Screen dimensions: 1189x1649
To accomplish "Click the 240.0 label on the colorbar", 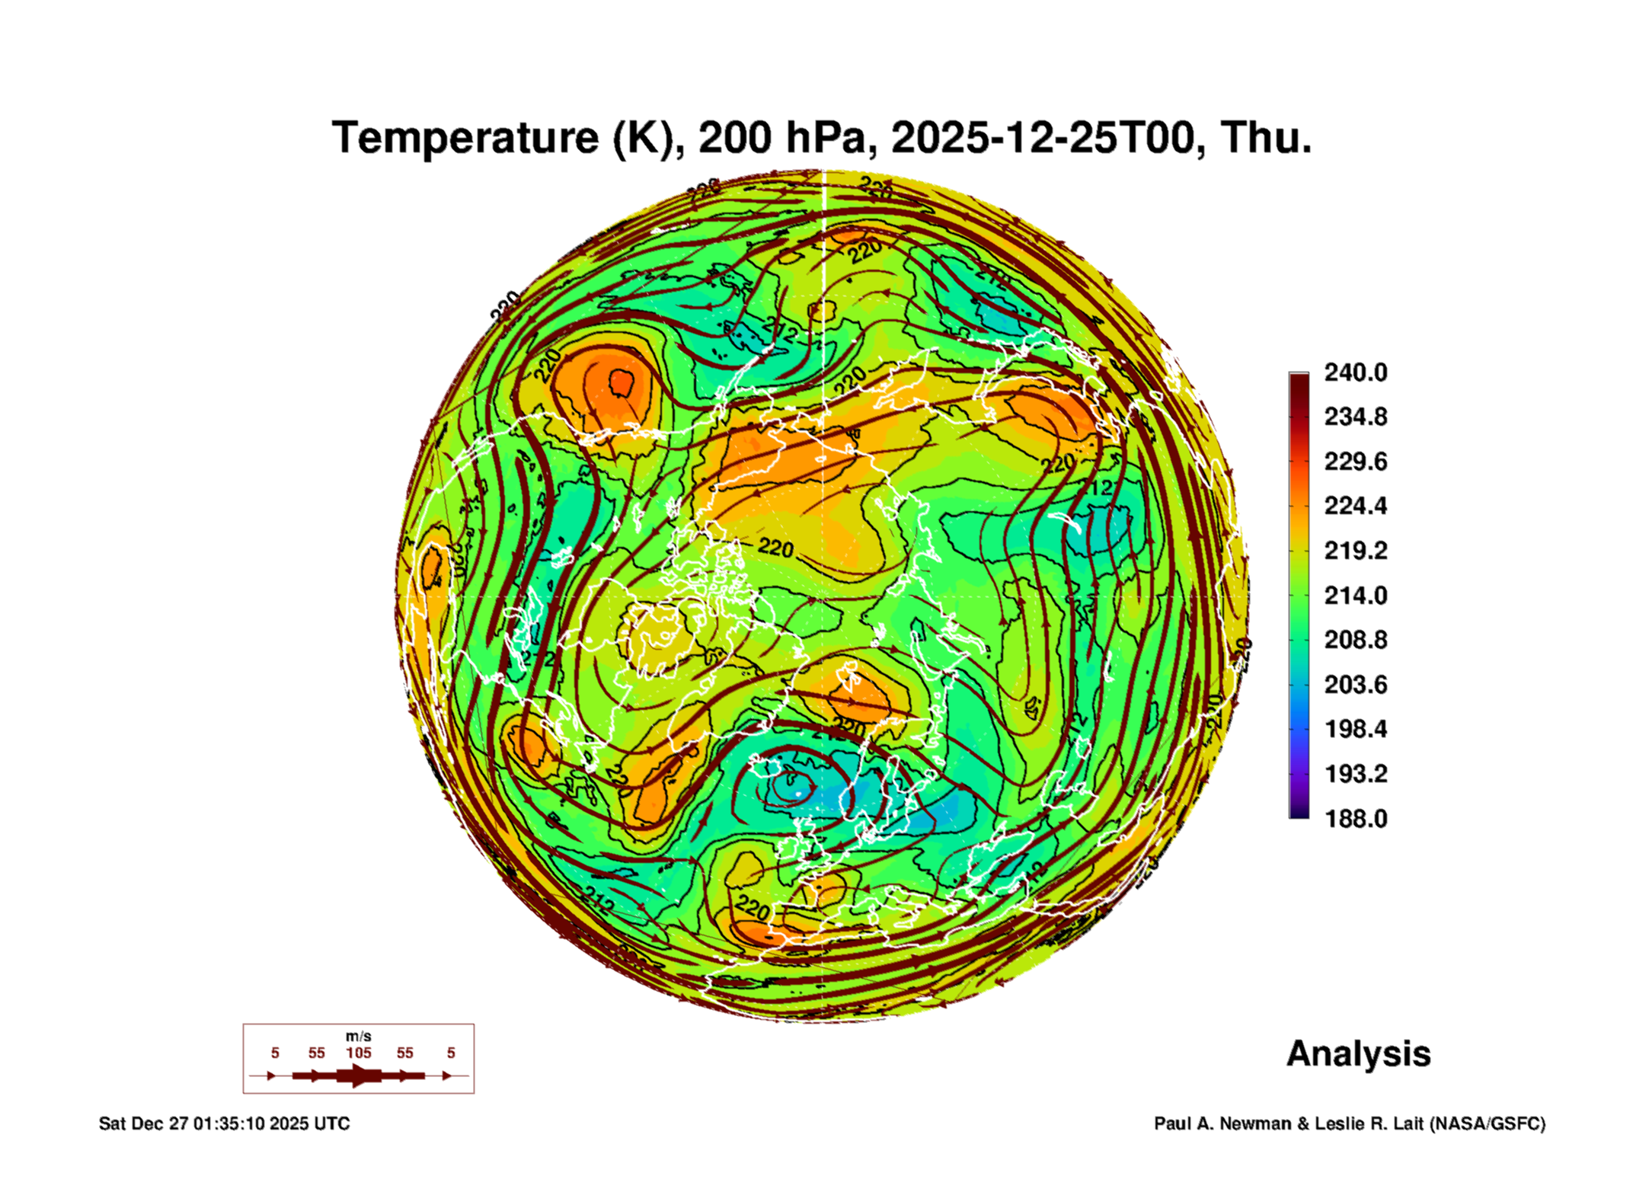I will pyautogui.click(x=1355, y=372).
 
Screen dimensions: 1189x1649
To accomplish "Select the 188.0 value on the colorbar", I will pyautogui.click(x=1355, y=819).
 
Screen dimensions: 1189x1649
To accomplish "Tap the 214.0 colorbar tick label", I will pyautogui.click(x=1355, y=596).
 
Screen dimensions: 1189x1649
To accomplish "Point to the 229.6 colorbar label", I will pyautogui.click(x=1355, y=462).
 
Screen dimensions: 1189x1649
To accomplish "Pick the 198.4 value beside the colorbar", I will pyautogui.click(x=1355, y=730).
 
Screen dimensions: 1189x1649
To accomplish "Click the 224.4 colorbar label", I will pyautogui.click(x=1355, y=506).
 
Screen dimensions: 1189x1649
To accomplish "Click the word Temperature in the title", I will pyautogui.click(x=465, y=138).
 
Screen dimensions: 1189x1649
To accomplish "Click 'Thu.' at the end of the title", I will pyautogui.click(x=1266, y=138).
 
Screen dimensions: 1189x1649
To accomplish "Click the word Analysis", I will pyautogui.click(x=1358, y=1054).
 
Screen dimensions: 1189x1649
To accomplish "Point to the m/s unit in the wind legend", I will pyautogui.click(x=358, y=1036).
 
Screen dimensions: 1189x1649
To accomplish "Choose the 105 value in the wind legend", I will pyautogui.click(x=358, y=1053).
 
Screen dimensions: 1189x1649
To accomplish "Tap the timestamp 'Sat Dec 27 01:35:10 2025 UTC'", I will pyautogui.click(x=224, y=1123).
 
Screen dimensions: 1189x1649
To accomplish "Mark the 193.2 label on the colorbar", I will pyautogui.click(x=1355, y=774).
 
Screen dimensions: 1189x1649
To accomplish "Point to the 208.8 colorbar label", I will pyautogui.click(x=1355, y=640).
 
